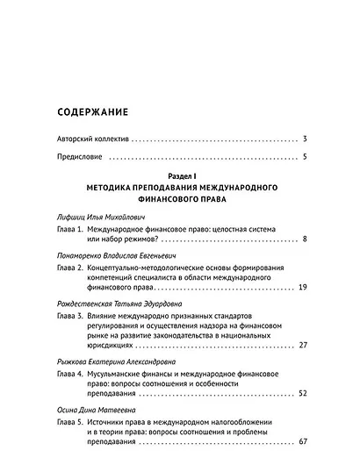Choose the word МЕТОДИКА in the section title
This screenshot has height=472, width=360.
(x=110, y=189)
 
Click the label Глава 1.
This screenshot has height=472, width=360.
(x=68, y=227)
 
